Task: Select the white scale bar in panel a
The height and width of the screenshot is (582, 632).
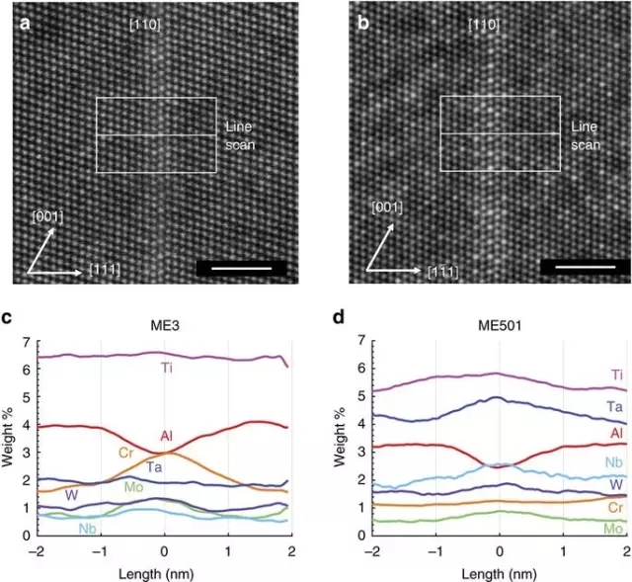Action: [241, 268]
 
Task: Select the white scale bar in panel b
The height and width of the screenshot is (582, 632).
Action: [586, 268]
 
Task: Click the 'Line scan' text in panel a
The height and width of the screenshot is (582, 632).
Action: [240, 135]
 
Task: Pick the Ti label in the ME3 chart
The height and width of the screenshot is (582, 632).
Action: [167, 369]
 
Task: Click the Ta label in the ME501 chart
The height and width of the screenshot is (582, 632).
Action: [616, 406]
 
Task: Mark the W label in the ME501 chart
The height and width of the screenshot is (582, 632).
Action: [616, 484]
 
